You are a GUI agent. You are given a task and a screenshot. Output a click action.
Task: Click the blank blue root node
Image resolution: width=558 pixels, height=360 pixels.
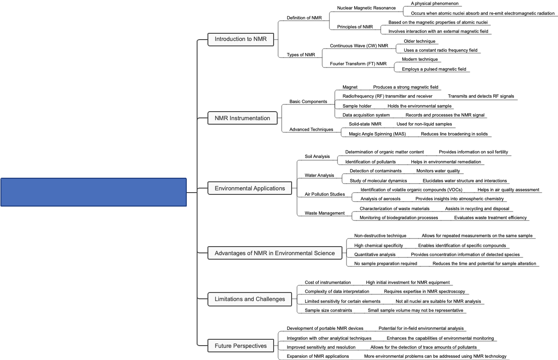[94, 192]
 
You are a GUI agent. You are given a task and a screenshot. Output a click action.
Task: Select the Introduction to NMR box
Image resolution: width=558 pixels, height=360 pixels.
[240, 39]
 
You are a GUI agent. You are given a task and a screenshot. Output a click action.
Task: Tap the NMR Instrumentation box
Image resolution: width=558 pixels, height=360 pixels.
[242, 118]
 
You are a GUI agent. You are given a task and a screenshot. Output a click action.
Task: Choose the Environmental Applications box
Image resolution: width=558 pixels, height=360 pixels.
[249, 188]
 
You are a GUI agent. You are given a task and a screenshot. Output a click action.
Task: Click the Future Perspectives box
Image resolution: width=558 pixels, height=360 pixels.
[240, 346]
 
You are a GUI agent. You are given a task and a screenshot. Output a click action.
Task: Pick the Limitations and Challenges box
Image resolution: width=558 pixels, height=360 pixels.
[249, 299]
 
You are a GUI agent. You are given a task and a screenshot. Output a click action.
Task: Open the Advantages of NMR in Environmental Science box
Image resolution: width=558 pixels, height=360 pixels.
[274, 253]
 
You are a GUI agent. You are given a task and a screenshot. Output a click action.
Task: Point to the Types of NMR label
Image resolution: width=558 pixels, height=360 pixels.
[301, 55]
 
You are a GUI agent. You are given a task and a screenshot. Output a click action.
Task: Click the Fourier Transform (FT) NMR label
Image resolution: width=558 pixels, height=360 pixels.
[358, 64]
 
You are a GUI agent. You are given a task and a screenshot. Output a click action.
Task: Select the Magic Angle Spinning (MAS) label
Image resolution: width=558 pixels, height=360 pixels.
[377, 134]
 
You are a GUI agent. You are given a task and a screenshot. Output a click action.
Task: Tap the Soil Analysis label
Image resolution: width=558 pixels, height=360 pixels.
[317, 157]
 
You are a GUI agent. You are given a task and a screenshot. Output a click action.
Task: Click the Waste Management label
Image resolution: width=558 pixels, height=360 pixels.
[324, 213]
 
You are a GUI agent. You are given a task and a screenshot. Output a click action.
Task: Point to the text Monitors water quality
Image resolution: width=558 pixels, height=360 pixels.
[438, 171]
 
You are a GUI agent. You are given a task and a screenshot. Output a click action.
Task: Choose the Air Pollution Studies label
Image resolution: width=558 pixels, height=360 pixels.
[324, 194]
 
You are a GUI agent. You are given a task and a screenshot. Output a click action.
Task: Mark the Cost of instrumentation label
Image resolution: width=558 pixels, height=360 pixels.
[328, 283]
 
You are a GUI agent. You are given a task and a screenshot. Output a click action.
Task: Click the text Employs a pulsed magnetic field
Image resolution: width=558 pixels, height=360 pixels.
[434, 69]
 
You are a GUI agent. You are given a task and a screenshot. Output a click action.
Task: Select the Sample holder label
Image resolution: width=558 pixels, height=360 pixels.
[357, 106]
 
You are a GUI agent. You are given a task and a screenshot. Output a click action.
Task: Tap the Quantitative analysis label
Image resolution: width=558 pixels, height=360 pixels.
[375, 255]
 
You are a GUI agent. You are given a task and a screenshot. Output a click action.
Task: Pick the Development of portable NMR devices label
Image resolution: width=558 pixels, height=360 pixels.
[324, 328]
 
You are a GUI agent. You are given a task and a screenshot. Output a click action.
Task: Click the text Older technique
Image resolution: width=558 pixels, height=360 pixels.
[419, 41]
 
